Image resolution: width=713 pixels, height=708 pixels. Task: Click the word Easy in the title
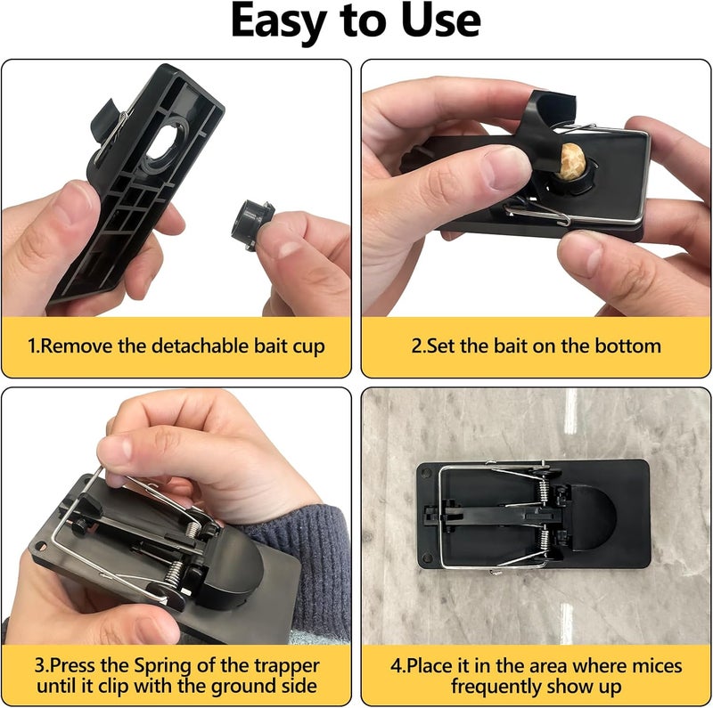coord(279,21)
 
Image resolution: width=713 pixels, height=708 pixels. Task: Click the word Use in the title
coord(441,20)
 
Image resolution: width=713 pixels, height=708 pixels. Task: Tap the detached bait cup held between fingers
coord(251,224)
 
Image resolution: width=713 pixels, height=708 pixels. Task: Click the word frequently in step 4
coord(496,687)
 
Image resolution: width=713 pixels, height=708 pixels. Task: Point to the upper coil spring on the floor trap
coord(544,490)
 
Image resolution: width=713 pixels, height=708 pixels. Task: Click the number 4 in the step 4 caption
coord(397,667)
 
